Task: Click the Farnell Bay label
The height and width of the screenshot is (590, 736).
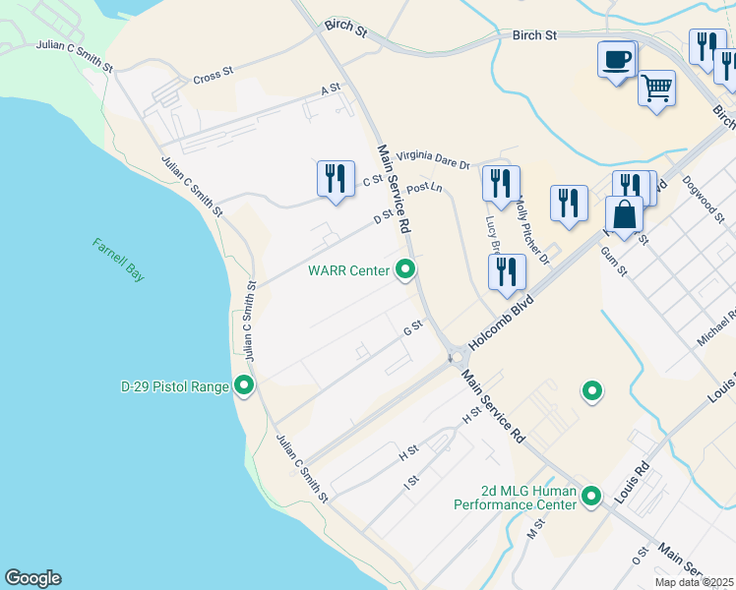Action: pyautogui.click(x=119, y=260)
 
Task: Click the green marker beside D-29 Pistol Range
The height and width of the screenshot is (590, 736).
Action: pyautogui.click(x=243, y=385)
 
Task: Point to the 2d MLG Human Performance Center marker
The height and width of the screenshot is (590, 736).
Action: pyautogui.click(x=591, y=496)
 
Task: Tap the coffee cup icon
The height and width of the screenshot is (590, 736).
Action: pyautogui.click(x=617, y=59)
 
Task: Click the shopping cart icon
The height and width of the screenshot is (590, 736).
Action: pyautogui.click(x=656, y=88)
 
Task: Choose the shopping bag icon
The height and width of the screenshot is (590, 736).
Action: pyautogui.click(x=624, y=213)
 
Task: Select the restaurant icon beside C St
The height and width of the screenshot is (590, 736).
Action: pyautogui.click(x=336, y=178)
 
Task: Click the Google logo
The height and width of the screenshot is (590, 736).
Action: pyautogui.click(x=32, y=578)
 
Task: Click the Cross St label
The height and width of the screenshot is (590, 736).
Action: pyautogui.click(x=213, y=75)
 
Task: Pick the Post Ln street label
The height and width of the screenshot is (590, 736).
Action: pyautogui.click(x=424, y=187)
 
